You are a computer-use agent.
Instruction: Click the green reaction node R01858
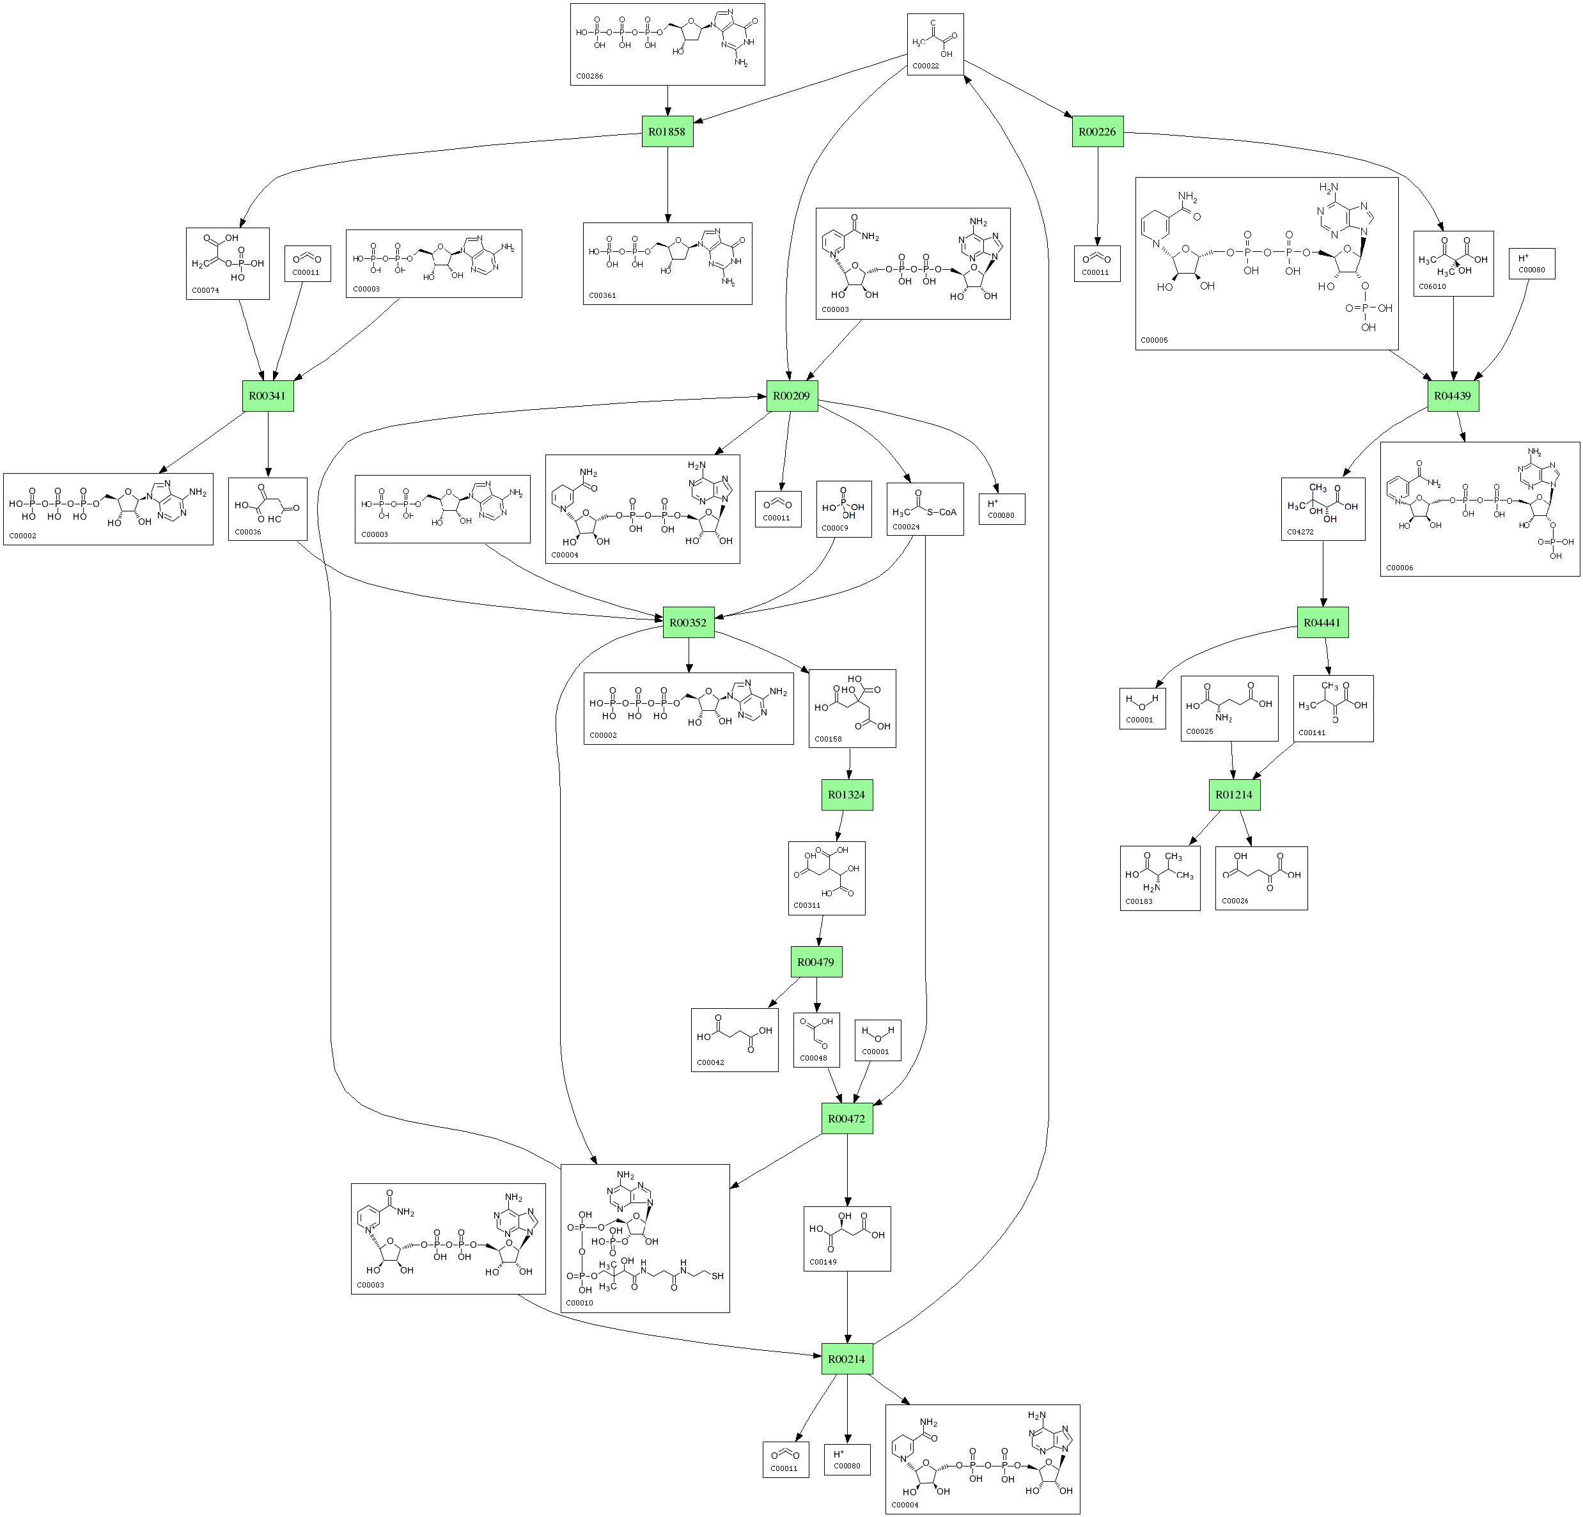[667, 132]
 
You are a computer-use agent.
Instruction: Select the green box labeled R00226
[1098, 132]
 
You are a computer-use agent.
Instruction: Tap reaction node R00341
[267, 396]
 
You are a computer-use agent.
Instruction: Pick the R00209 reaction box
[791, 396]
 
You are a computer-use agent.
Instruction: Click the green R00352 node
[688, 623]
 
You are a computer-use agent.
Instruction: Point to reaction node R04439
[1453, 396]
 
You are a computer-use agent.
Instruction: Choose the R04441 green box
[1322, 623]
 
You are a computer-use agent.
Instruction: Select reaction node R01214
[1234, 795]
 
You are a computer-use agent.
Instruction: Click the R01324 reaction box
[847, 795]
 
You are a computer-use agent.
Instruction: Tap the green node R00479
[816, 962]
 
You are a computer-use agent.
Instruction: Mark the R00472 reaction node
[846, 1119]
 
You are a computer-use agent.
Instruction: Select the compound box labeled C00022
[935, 44]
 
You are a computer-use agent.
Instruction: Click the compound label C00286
[590, 77]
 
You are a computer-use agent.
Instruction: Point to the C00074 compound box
[227, 263]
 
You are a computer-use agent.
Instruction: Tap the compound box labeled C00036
[267, 509]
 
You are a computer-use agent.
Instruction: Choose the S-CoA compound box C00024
[924, 509]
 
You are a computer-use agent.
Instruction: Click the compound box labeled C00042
[734, 1039]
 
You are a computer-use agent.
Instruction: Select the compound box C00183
[1160, 878]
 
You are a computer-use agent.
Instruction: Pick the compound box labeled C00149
[846, 1238]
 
